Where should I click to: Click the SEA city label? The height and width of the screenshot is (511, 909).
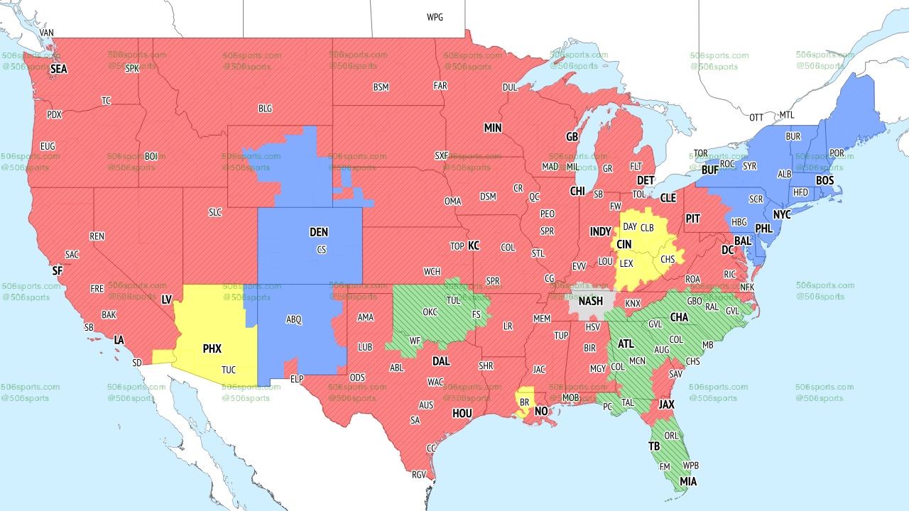pyautogui.click(x=58, y=70)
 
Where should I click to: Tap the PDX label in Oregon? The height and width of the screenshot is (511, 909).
pyautogui.click(x=54, y=115)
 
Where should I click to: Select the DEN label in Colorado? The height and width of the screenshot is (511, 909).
pyautogui.click(x=319, y=232)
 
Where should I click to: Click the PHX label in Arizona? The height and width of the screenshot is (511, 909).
pyautogui.click(x=212, y=348)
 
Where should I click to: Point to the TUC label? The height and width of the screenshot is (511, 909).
pyautogui.click(x=229, y=370)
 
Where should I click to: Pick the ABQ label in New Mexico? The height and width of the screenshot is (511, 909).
pyautogui.click(x=294, y=320)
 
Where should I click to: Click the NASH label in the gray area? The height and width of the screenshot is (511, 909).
pyautogui.click(x=590, y=301)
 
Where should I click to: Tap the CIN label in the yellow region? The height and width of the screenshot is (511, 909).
pyautogui.click(x=624, y=244)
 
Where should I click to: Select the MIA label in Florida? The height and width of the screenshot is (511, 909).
pyautogui.click(x=687, y=482)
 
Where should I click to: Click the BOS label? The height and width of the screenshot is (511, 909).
pyautogui.click(x=824, y=181)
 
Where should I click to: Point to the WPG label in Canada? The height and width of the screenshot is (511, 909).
pyautogui.click(x=435, y=17)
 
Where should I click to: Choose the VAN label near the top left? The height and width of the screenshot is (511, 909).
pyautogui.click(x=47, y=33)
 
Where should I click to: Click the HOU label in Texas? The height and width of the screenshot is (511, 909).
pyautogui.click(x=462, y=413)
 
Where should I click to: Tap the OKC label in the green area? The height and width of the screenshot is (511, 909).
pyautogui.click(x=430, y=312)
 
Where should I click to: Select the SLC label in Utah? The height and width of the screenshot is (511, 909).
pyautogui.click(x=215, y=212)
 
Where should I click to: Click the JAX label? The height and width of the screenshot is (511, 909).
pyautogui.click(x=665, y=405)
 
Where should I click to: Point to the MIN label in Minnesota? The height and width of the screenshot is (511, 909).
pyautogui.click(x=493, y=128)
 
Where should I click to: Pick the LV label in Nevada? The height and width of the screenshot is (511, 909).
pyautogui.click(x=167, y=300)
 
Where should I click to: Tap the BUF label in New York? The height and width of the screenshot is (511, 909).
pyautogui.click(x=709, y=170)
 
